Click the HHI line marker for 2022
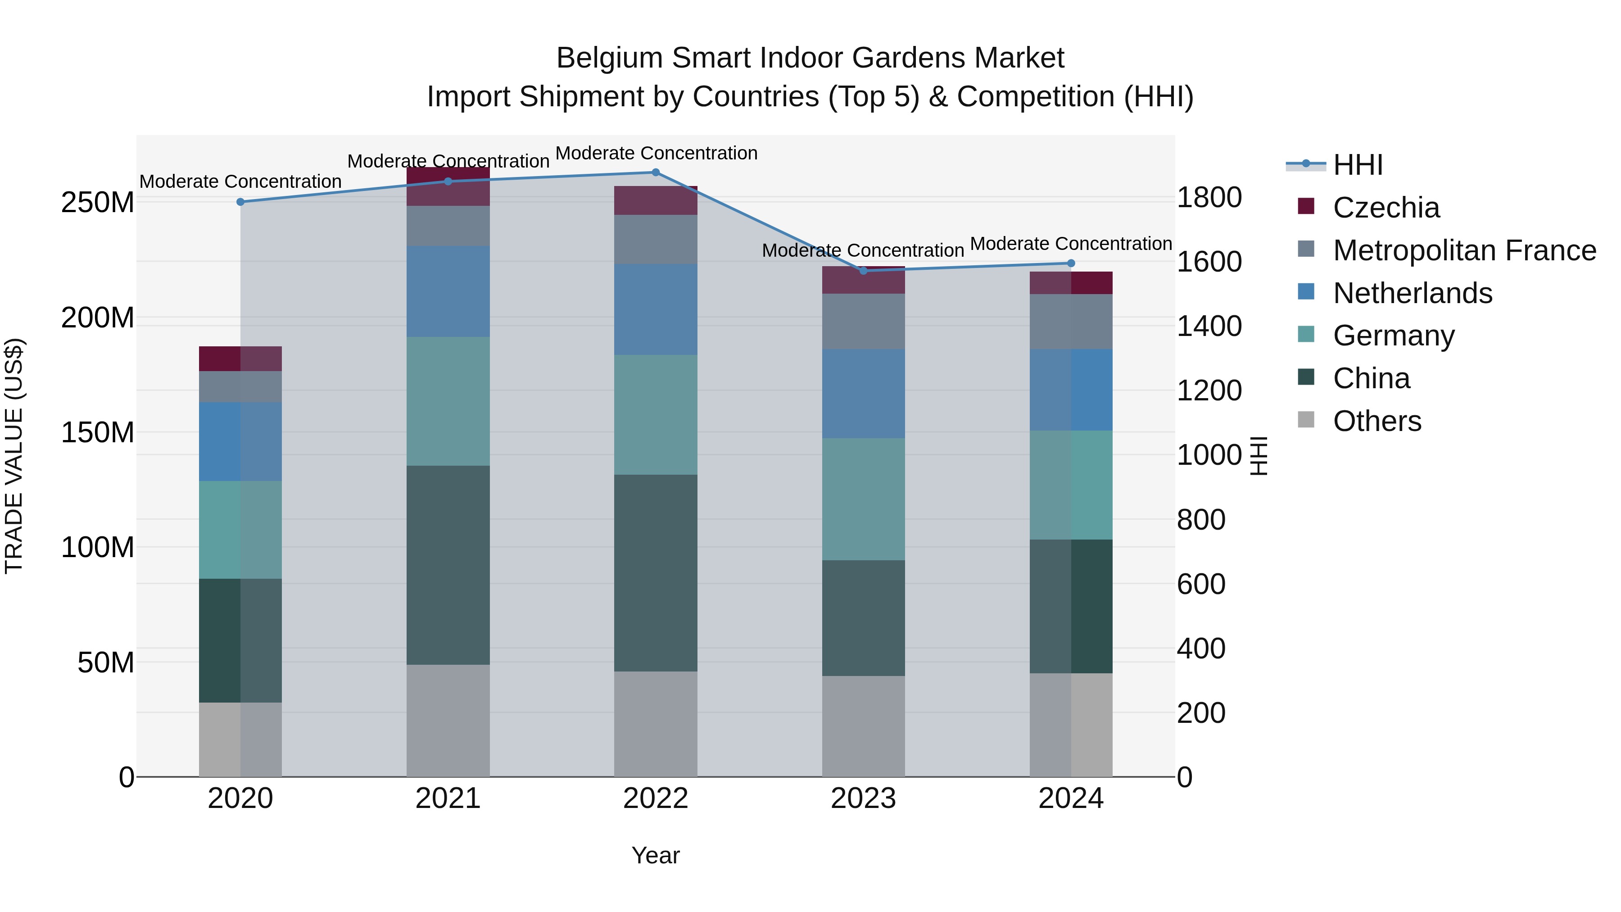pos(655,172)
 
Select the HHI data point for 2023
pos(863,271)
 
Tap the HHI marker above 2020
pos(240,202)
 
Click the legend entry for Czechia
pos(1386,208)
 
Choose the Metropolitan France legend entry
pos(1464,250)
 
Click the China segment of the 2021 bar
pos(448,565)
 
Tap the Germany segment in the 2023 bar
pos(863,499)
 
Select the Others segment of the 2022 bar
pos(655,724)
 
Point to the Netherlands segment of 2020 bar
pos(240,441)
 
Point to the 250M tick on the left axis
pos(98,203)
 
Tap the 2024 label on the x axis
pos(1070,799)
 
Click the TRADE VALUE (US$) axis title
pos(14,456)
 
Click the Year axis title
pos(655,855)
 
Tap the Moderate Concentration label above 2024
pos(1070,244)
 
